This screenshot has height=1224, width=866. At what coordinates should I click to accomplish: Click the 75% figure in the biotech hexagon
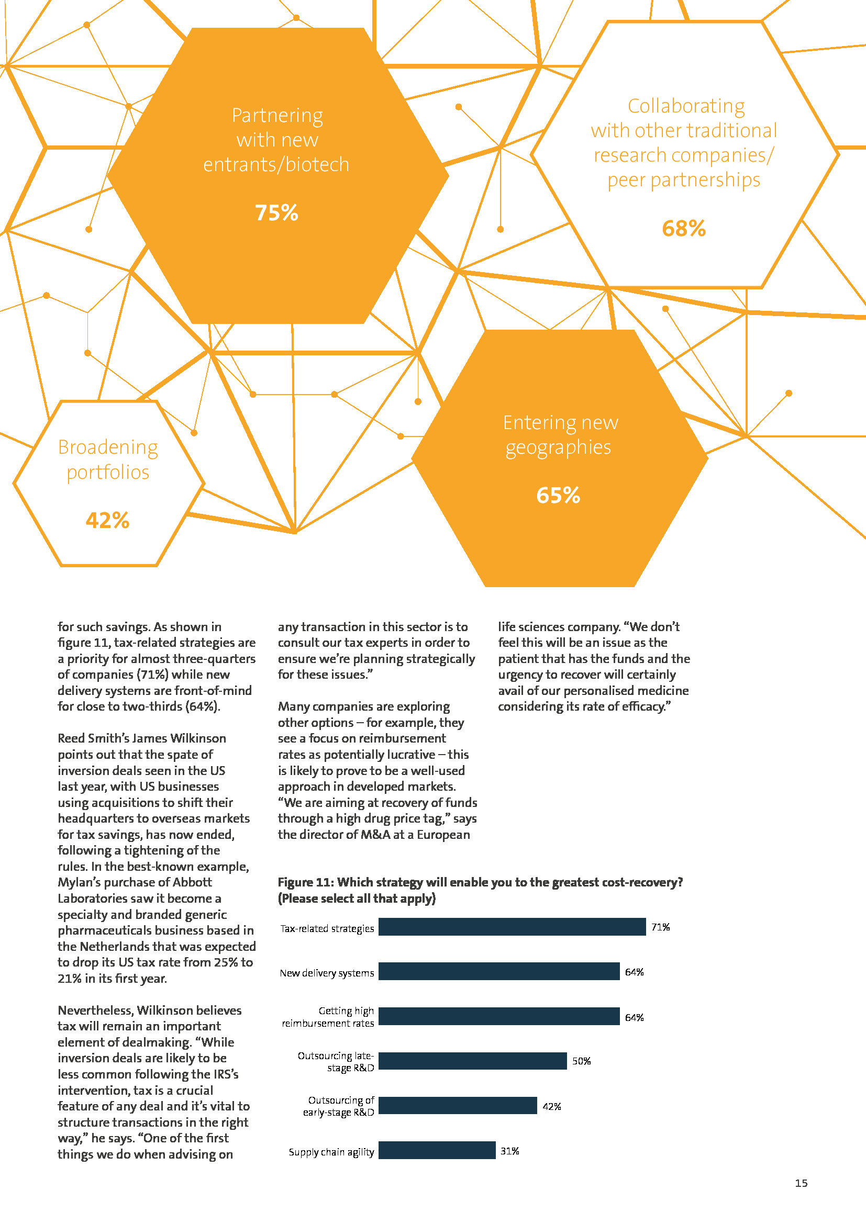click(x=276, y=212)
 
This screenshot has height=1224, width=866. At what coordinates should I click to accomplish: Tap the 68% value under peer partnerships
click(x=684, y=229)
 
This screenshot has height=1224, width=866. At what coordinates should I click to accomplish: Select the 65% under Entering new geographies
click(x=558, y=495)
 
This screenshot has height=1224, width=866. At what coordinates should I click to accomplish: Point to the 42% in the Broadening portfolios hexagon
click(x=107, y=520)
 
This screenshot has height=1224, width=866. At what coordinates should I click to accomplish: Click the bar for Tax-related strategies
click(x=512, y=927)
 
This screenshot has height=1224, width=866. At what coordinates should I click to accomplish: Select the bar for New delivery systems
click(x=499, y=971)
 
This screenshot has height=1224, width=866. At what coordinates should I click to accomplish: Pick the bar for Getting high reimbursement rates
click(x=499, y=1016)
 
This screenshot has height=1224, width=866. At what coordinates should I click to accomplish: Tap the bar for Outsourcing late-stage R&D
click(x=472, y=1061)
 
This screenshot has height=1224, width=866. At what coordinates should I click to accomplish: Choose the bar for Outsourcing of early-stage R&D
click(x=458, y=1106)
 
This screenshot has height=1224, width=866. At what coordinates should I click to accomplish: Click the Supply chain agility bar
click(x=437, y=1150)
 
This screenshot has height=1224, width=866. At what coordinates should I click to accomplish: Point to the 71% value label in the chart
click(x=660, y=927)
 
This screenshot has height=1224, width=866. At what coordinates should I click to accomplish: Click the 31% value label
click(x=510, y=1151)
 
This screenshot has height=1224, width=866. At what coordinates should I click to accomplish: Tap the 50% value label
click(x=581, y=1061)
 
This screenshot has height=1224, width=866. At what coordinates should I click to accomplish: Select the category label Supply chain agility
click(x=331, y=1152)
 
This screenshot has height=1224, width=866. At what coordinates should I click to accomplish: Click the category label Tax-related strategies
click(x=327, y=928)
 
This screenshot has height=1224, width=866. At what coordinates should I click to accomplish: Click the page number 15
click(x=801, y=1183)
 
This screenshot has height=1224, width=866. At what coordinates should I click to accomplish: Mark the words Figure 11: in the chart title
click(x=306, y=882)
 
